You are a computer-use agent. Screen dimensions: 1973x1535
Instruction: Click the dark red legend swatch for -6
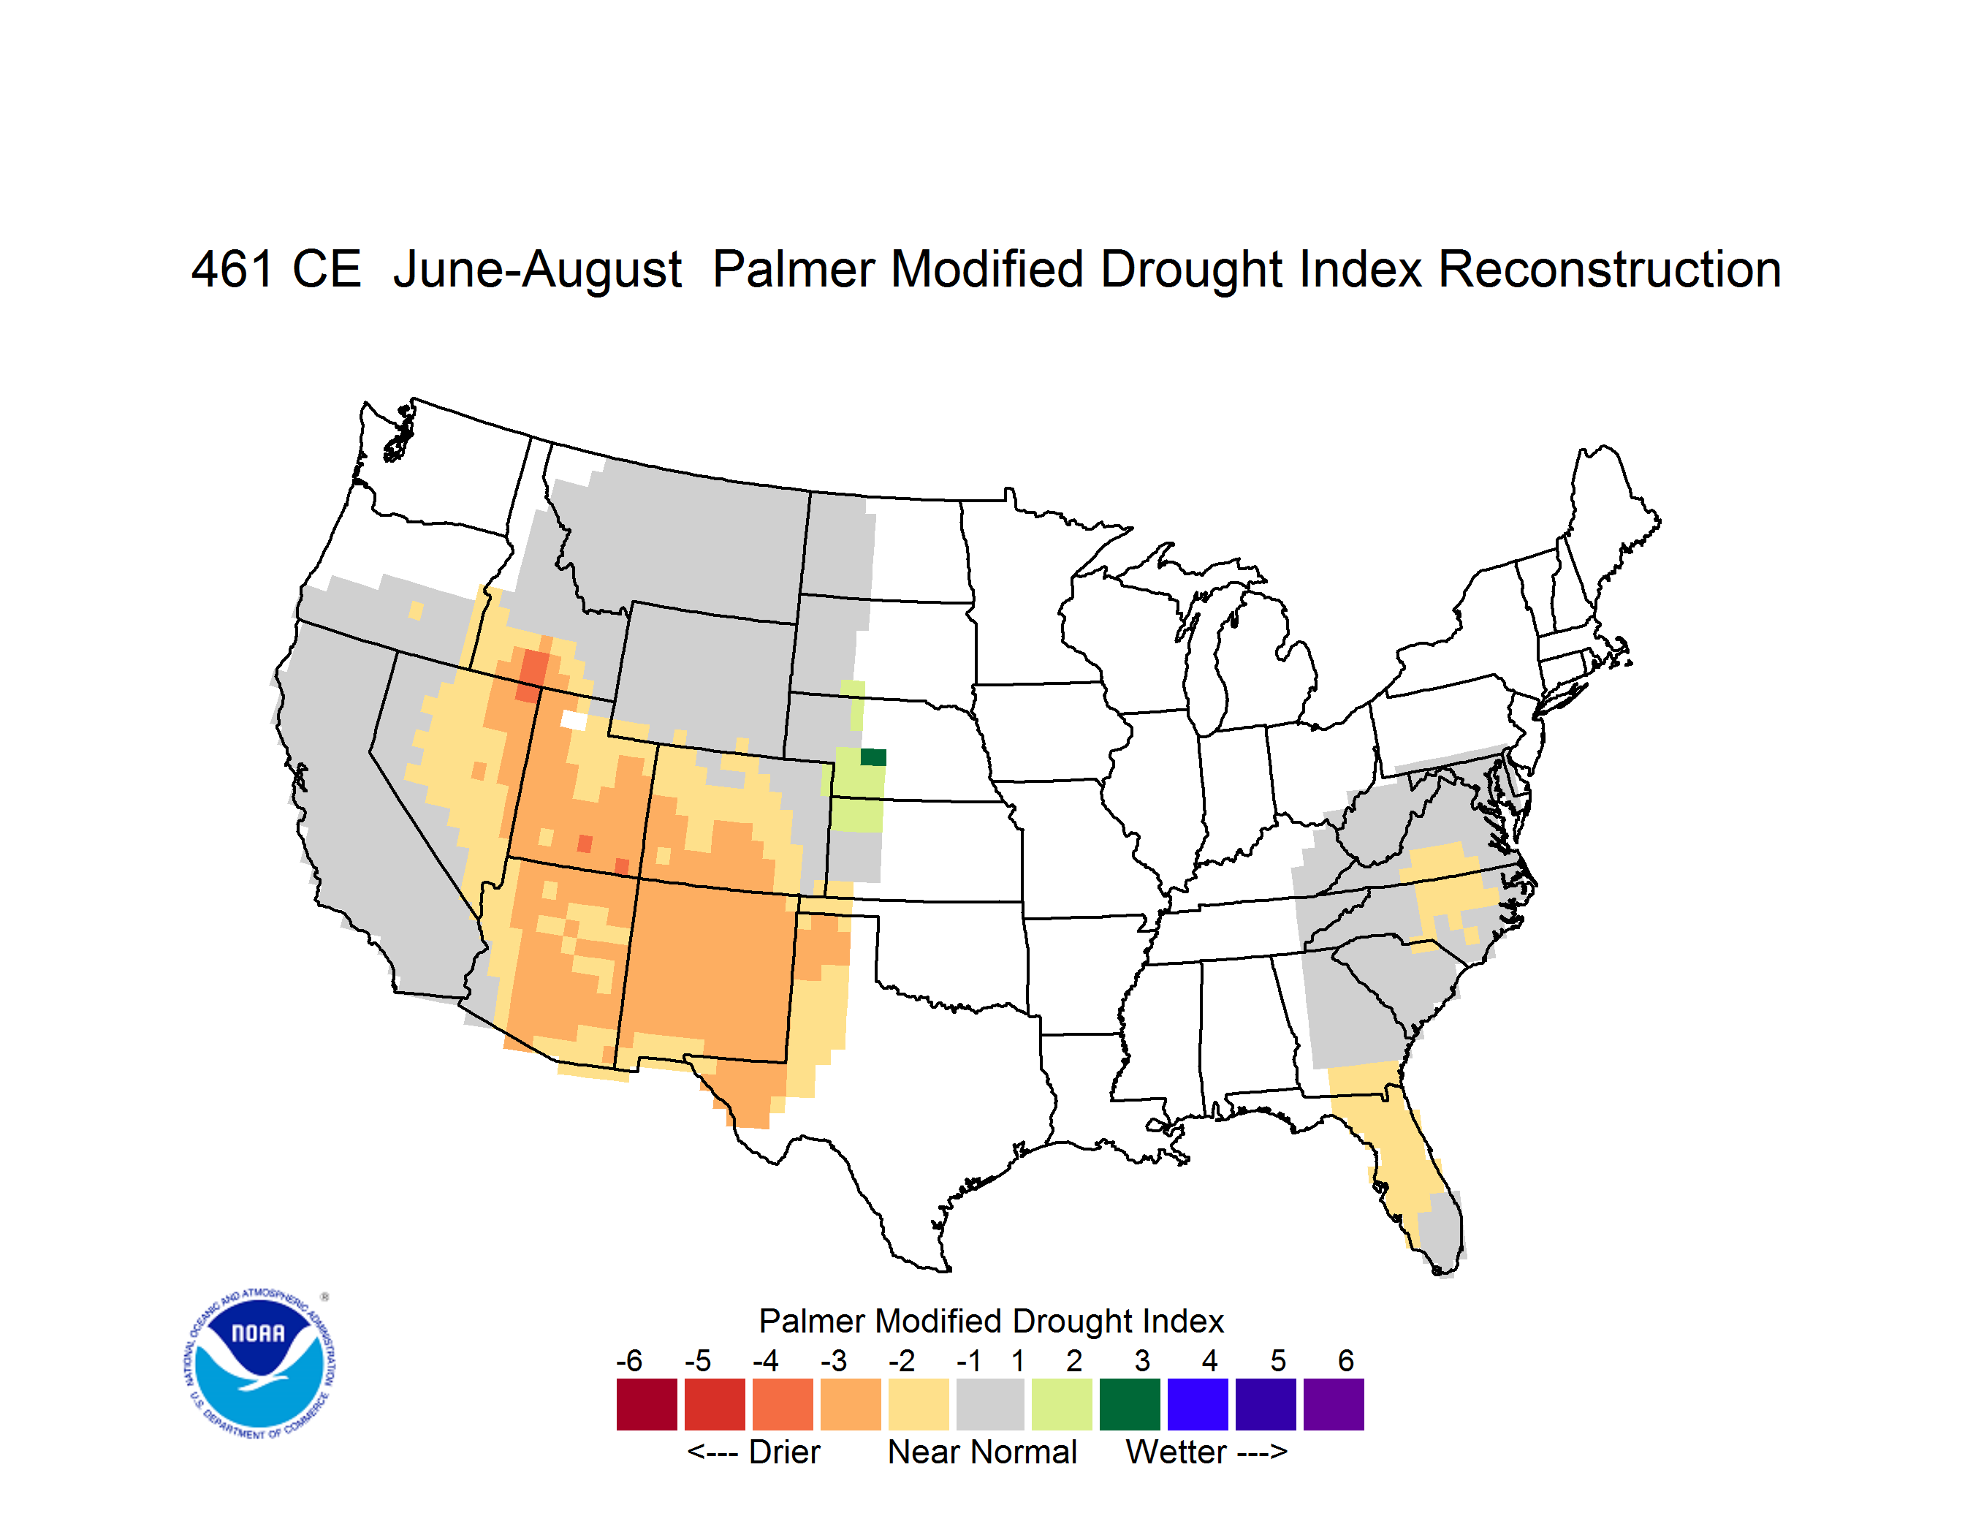[647, 1404]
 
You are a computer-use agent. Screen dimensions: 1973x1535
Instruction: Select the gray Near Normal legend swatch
[990, 1404]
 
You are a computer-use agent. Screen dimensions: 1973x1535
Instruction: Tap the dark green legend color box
[1129, 1404]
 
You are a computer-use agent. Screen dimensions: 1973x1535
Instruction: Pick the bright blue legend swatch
[1198, 1404]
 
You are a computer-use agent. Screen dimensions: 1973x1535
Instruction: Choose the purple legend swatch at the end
[1334, 1404]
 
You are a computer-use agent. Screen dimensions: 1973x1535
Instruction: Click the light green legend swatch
[1062, 1404]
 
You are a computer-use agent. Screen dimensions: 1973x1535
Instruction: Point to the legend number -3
[834, 1360]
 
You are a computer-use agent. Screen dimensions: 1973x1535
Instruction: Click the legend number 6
[1346, 1360]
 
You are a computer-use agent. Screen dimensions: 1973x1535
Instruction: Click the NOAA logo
[259, 1363]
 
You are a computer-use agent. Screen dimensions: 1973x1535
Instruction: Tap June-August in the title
[538, 270]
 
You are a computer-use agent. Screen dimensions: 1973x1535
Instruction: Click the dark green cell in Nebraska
[873, 757]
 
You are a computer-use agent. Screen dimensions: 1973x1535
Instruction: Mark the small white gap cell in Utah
[574, 720]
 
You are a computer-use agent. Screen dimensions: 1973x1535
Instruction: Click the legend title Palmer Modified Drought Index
[991, 1321]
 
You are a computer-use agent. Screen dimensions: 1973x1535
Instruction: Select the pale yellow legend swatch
[919, 1404]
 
